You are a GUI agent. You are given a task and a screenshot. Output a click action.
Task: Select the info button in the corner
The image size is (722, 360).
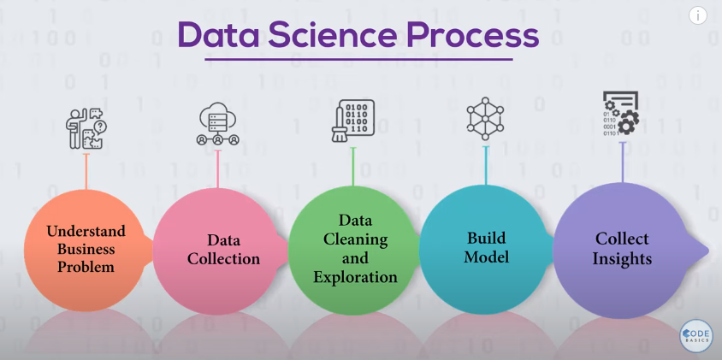(x=697, y=15)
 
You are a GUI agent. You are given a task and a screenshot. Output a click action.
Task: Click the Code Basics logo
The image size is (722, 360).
(x=695, y=336)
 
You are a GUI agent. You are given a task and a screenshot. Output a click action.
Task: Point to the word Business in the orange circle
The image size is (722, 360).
(x=86, y=249)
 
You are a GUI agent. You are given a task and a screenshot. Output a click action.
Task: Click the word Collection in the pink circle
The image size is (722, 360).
(x=224, y=259)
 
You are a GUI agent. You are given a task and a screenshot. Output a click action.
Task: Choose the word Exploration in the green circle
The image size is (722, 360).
(x=355, y=277)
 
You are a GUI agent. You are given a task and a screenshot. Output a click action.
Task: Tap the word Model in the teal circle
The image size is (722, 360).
(x=486, y=257)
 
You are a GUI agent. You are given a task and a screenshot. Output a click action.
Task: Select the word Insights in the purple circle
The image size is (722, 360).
(x=622, y=258)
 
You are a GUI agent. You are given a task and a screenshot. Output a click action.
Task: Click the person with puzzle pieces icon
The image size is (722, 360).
(x=86, y=128)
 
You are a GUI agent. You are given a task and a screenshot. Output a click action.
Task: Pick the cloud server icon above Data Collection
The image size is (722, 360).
(x=218, y=124)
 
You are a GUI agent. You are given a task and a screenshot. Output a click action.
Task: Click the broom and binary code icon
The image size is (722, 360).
(x=352, y=121)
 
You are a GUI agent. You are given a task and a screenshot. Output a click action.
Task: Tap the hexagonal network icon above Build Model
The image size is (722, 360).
(x=485, y=119)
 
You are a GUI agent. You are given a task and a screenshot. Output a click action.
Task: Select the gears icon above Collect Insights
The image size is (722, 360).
(x=621, y=113)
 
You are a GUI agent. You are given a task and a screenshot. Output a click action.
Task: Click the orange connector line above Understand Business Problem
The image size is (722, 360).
(x=86, y=171)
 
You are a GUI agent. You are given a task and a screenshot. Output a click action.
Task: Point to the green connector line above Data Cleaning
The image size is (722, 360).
(x=353, y=166)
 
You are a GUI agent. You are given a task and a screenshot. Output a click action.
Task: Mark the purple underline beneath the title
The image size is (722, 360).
(x=358, y=59)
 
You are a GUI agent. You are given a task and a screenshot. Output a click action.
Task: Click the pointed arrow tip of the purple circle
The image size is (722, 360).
(x=708, y=251)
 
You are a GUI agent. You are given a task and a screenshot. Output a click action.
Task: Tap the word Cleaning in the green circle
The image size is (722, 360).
(x=355, y=239)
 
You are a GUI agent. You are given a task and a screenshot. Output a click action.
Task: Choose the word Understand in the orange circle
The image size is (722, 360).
(x=86, y=231)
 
